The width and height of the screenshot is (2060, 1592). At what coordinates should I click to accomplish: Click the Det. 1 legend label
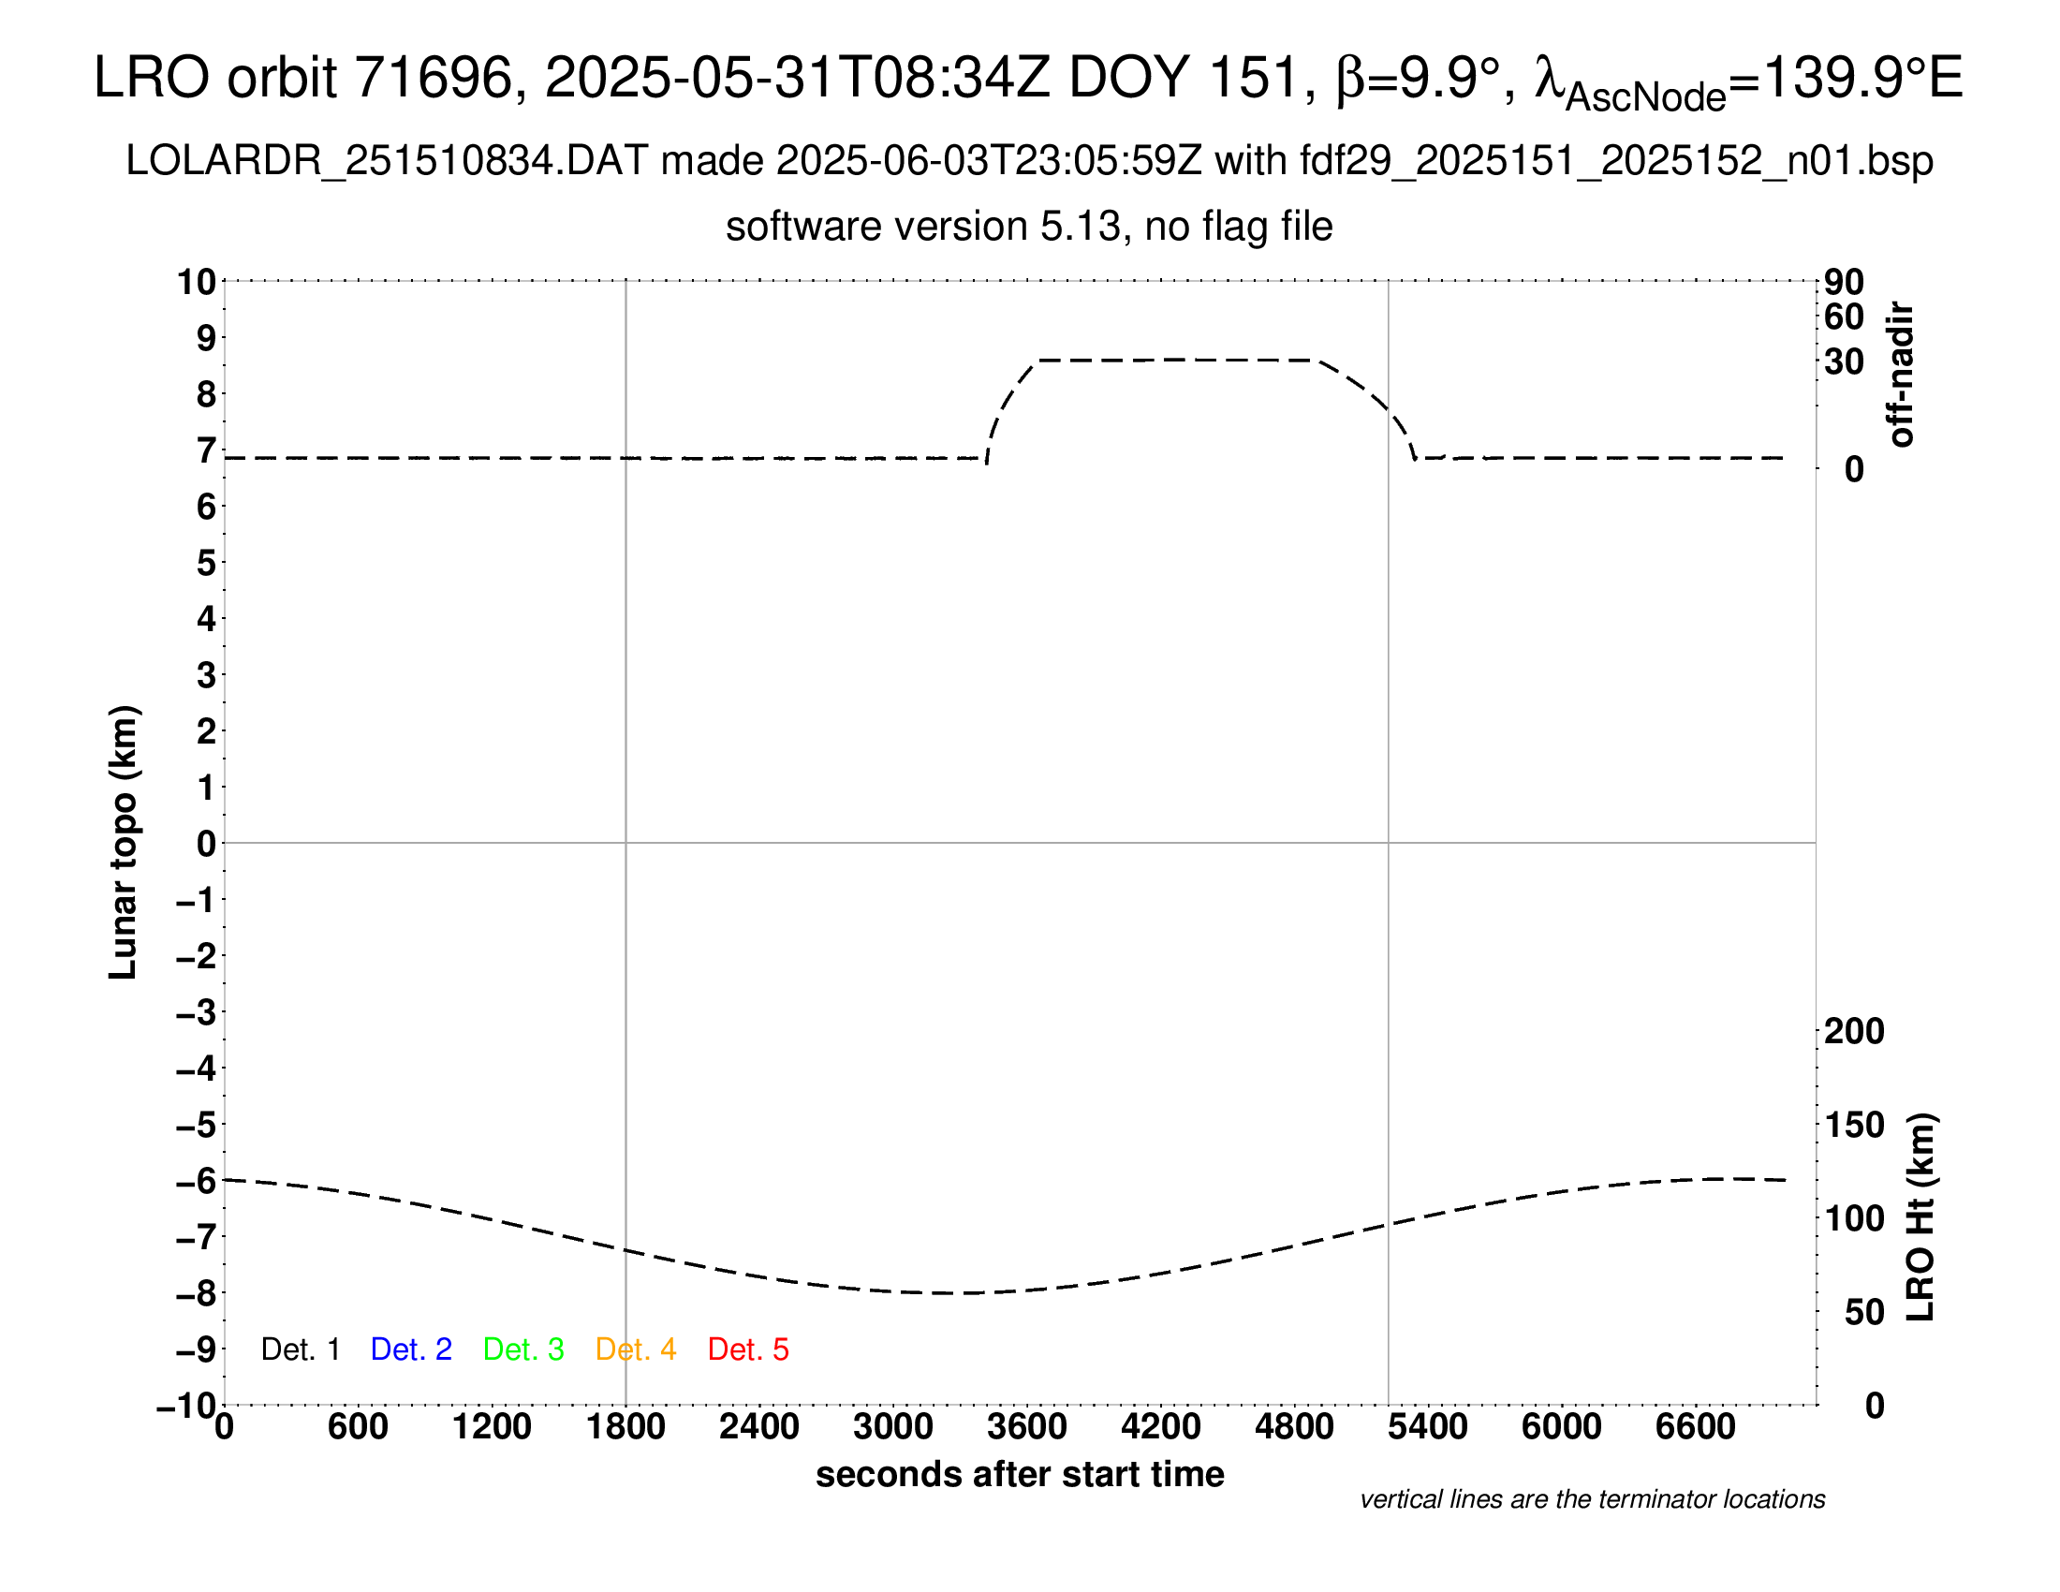tap(300, 1349)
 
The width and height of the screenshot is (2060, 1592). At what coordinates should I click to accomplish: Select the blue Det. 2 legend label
tap(411, 1349)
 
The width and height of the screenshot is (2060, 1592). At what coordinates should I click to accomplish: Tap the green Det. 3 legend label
tap(523, 1349)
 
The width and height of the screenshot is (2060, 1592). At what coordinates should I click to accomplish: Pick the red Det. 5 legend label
tap(748, 1349)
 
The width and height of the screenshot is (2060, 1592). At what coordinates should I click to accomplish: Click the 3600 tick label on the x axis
tap(1027, 1426)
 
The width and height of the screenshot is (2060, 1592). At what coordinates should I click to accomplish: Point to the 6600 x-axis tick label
tap(1695, 1426)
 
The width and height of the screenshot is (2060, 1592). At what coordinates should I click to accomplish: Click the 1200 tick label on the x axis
tap(492, 1426)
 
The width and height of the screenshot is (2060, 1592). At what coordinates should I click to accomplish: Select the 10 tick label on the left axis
tap(197, 282)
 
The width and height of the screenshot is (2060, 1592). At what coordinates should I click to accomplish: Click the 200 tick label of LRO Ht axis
tap(1854, 1031)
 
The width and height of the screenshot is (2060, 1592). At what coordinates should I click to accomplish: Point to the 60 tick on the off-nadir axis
tap(1844, 317)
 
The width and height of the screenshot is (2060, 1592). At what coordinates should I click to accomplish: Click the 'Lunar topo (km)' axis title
tap(124, 842)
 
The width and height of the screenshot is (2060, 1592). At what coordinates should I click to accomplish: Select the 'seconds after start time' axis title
tap(1020, 1474)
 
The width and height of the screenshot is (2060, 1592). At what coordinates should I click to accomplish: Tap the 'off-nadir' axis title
tap(1901, 375)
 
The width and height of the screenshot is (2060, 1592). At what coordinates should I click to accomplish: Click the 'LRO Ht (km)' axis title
tap(1920, 1217)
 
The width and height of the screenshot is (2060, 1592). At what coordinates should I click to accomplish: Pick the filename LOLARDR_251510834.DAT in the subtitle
tap(386, 161)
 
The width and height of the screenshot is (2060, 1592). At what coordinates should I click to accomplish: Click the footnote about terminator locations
tap(1592, 1499)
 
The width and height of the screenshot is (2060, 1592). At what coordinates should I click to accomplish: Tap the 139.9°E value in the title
tap(1861, 78)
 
